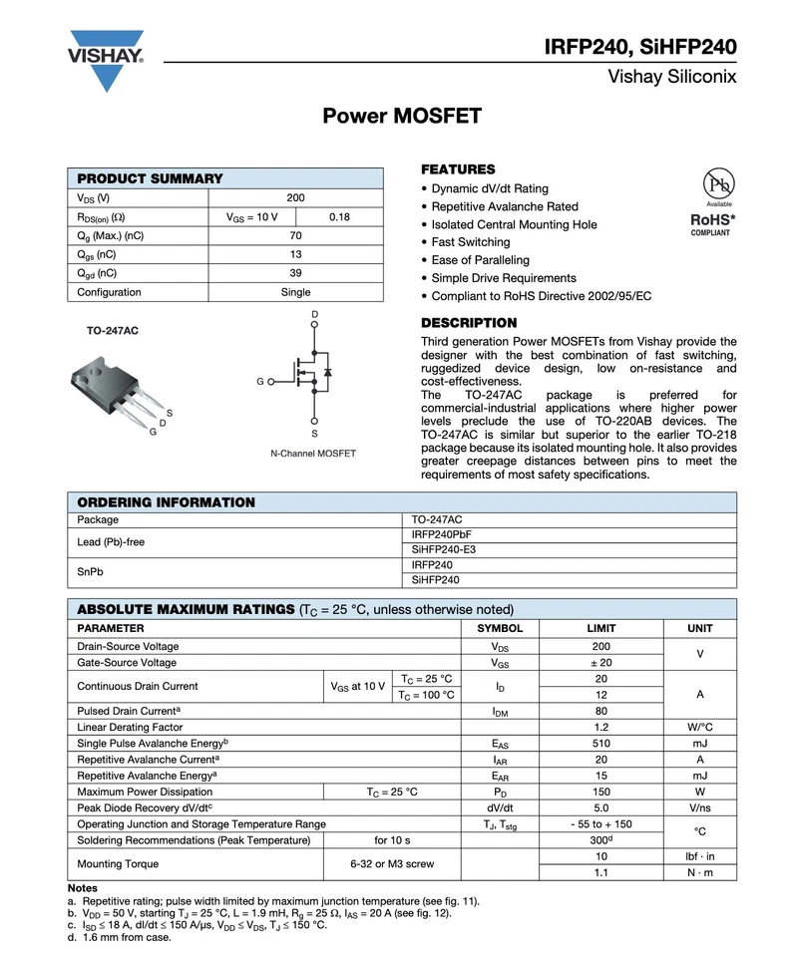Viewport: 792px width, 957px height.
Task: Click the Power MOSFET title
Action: (x=402, y=117)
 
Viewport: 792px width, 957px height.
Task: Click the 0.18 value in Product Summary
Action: (x=339, y=217)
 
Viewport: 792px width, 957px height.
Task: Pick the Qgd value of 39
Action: (x=295, y=273)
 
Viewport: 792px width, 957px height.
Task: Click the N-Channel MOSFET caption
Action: (x=313, y=454)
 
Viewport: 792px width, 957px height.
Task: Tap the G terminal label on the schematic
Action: (x=260, y=382)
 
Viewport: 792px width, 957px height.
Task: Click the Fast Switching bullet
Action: (x=470, y=242)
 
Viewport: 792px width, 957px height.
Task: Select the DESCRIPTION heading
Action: (x=469, y=323)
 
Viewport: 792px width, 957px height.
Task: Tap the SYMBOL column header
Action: (x=500, y=629)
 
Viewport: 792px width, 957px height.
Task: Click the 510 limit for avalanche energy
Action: (x=601, y=744)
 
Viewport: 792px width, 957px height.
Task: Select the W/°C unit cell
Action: (x=699, y=728)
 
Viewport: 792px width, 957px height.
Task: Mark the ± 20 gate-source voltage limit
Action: (x=601, y=663)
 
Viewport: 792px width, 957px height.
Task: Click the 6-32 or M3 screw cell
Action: (x=391, y=864)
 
